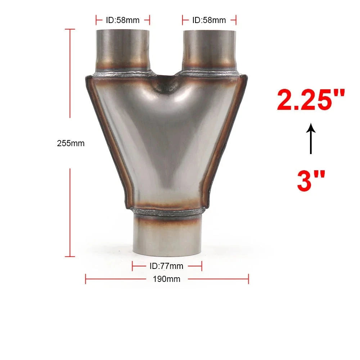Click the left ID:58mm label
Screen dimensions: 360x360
tap(123, 20)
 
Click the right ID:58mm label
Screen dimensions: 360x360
tap(209, 20)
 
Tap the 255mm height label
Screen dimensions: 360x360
tap(71, 143)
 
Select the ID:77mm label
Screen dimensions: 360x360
tap(166, 266)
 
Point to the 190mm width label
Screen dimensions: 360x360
tap(166, 279)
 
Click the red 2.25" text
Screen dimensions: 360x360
tap(311, 100)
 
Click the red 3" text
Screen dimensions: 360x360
tap(311, 181)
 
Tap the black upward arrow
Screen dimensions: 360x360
tap(311, 139)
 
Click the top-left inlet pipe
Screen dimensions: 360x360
tap(123, 49)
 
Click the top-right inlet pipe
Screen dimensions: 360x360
tap(209, 49)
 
